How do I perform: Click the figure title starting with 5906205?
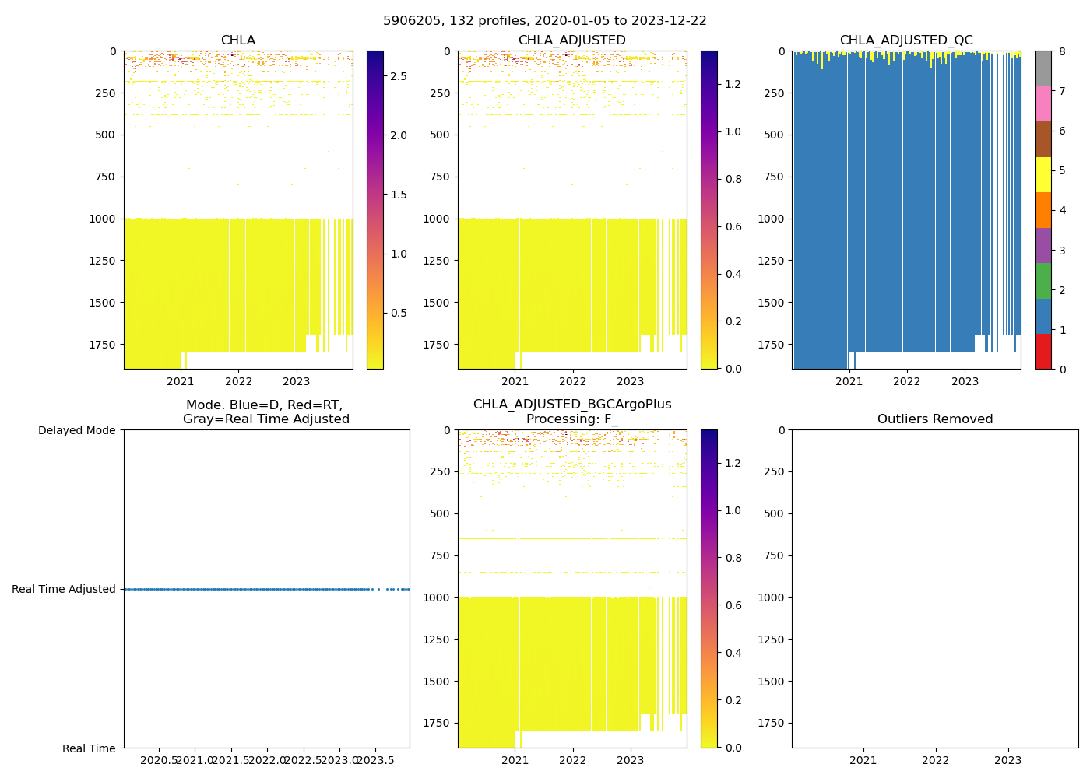pos(544,21)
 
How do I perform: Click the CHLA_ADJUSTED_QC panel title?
pos(905,40)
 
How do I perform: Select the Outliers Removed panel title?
pos(934,419)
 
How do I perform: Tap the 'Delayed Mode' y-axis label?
pos(76,430)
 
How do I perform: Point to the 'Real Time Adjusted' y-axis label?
pos(63,589)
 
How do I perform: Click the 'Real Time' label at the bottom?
pos(89,748)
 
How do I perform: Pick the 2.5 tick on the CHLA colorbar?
pos(398,76)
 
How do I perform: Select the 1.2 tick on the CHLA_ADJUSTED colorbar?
pos(733,84)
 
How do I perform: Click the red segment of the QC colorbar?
pos(1043,351)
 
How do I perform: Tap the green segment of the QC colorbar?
pos(1043,280)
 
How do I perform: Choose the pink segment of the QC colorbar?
pos(1043,103)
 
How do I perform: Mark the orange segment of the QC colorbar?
pos(1043,210)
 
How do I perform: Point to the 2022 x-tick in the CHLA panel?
pos(238,381)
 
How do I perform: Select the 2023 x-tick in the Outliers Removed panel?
pos(1007,760)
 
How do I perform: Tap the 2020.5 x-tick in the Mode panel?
pos(160,760)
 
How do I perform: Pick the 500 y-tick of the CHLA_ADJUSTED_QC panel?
pos(774,135)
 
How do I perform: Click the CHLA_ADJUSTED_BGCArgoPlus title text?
pos(571,405)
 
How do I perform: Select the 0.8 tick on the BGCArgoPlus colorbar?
pos(733,558)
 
